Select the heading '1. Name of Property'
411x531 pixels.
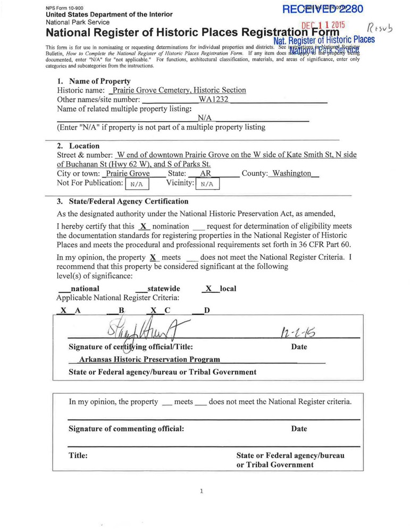click(94, 81)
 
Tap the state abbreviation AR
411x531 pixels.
click(206, 174)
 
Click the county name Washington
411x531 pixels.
click(291, 174)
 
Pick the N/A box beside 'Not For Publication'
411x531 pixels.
click(137, 184)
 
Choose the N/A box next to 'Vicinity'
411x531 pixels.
click(207, 184)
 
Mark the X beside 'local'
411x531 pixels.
click(208, 289)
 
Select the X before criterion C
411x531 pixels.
click(154, 310)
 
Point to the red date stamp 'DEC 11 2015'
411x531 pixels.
click(323, 25)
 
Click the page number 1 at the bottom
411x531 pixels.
click(202, 491)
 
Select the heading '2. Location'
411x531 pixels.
click(78, 146)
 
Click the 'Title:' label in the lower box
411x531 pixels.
click(78, 456)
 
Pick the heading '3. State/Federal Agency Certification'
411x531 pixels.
click(122, 201)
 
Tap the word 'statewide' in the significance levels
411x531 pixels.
click(163, 289)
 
